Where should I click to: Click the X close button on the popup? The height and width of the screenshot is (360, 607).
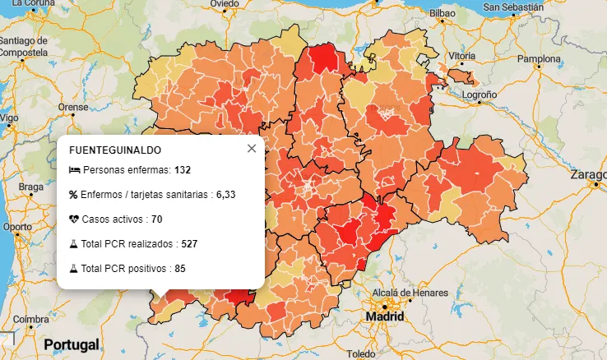point(252,149)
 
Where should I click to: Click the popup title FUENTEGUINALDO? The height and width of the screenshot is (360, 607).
point(115,150)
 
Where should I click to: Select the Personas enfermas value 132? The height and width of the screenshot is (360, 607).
point(183,170)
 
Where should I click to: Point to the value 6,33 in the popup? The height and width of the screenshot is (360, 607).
point(225,195)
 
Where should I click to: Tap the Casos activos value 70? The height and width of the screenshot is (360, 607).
point(156,219)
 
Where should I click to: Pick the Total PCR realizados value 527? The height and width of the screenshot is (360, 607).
point(190,244)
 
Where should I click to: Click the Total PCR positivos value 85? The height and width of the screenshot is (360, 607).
point(180,269)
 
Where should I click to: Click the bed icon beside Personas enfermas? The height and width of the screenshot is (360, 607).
point(74,170)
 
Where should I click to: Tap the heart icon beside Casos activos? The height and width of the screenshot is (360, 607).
point(74,219)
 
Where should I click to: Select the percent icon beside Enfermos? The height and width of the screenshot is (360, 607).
point(73,195)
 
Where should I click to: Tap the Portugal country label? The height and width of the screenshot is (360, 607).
point(72,344)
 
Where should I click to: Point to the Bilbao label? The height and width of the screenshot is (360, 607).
point(442,14)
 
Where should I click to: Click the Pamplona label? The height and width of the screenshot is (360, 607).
point(538,59)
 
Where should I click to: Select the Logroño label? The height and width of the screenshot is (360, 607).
point(480,95)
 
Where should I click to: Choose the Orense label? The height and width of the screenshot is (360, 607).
point(72,107)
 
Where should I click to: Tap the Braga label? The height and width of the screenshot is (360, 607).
point(31,187)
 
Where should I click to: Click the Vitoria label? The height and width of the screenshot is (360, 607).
point(461,56)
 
